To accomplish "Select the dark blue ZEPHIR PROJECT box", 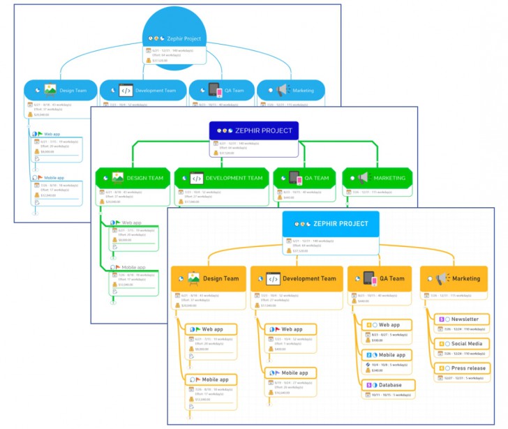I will pyautogui.click(x=254, y=130).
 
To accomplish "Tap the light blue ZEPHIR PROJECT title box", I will pyautogui.click(x=331, y=223).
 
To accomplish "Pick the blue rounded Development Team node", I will pyautogui.click(x=143, y=90).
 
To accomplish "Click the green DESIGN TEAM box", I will pyautogui.click(x=133, y=178).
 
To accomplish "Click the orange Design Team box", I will pyautogui.click(x=207, y=278).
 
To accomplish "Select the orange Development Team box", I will pyautogui.click(x=297, y=278).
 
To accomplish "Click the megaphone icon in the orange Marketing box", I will pyautogui.click(x=441, y=278).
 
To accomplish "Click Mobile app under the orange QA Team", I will pyautogui.click(x=388, y=355).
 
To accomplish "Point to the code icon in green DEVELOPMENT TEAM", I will pyautogui.click(x=195, y=178).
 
